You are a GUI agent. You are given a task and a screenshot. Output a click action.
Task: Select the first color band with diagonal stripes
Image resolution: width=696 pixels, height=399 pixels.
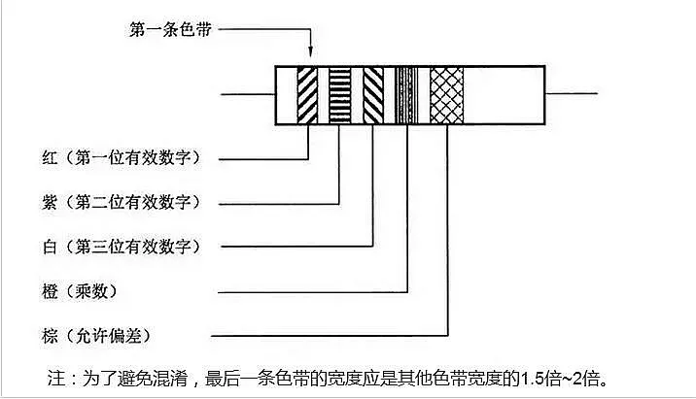(x=308, y=95)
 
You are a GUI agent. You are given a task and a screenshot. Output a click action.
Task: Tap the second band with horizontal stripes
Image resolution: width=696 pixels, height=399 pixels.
(x=339, y=95)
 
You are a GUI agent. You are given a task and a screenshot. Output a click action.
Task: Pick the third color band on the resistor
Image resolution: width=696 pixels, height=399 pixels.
(x=373, y=95)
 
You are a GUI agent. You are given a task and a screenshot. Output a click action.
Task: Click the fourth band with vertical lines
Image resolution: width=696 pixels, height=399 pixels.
(x=407, y=95)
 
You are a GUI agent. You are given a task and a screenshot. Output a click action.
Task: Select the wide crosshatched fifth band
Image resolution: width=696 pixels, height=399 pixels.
(x=447, y=95)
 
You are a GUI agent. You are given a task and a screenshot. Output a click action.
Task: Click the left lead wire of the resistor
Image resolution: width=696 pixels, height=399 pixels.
(x=248, y=94)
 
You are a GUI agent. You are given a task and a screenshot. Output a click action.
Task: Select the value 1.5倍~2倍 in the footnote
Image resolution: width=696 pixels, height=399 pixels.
(x=567, y=377)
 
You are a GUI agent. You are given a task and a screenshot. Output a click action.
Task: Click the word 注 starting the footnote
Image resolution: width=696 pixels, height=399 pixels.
(x=55, y=377)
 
